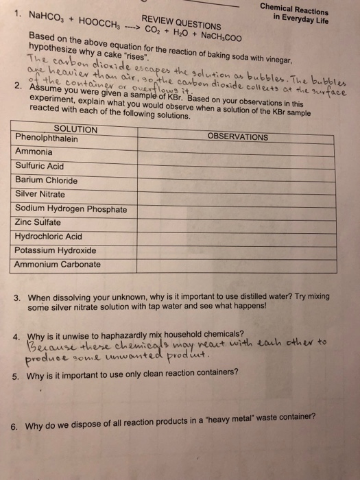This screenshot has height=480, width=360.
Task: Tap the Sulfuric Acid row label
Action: pos(39,166)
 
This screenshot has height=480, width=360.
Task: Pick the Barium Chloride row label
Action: pos(46,180)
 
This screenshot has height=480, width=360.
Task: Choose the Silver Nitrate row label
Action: pos(42,194)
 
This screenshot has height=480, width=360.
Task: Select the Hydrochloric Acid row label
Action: pos(48,236)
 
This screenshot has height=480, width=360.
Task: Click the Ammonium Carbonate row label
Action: pos(53,264)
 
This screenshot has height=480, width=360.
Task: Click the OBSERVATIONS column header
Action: pos(238,137)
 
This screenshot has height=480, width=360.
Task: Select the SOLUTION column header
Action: pos(75,130)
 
